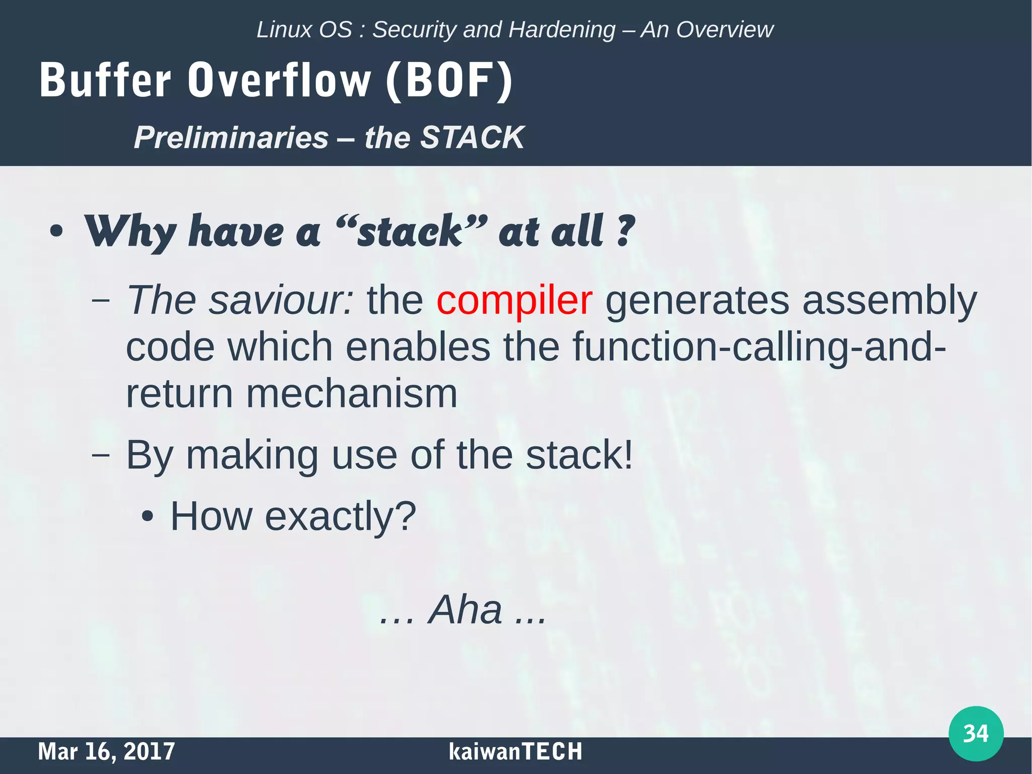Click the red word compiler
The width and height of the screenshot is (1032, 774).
click(x=514, y=301)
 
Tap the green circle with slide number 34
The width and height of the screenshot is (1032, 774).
click(x=976, y=733)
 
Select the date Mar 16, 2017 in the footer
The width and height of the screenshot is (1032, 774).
click(x=106, y=751)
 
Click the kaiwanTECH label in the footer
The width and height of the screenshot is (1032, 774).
click(x=515, y=751)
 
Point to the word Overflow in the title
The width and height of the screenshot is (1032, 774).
click(x=280, y=81)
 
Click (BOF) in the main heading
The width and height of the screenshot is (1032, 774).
click(x=449, y=81)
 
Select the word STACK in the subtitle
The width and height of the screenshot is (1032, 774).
click(x=472, y=137)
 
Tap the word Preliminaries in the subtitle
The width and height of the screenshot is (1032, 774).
click(x=231, y=137)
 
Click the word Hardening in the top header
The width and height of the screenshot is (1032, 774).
click(x=562, y=30)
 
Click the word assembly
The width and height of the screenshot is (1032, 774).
click(x=889, y=301)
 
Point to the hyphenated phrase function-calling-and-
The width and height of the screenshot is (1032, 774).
click(x=758, y=347)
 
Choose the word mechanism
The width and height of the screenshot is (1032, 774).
click(x=351, y=394)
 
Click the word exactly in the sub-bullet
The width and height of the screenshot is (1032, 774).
click(x=327, y=516)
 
